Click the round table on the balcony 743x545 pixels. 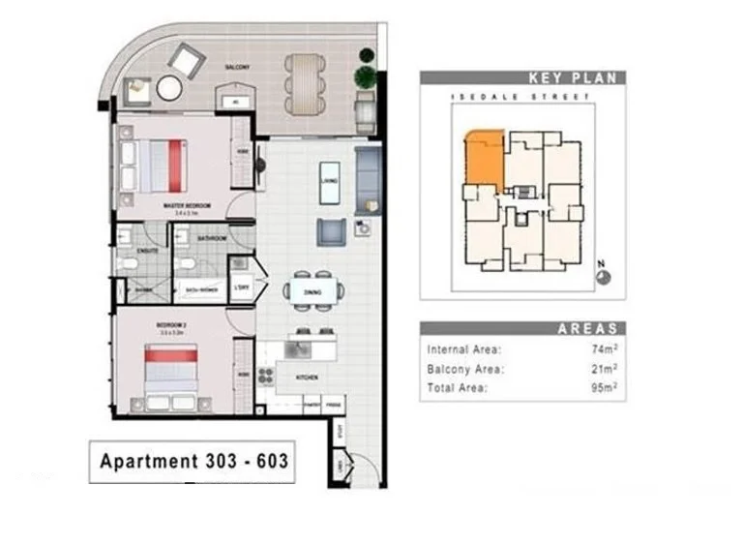168,88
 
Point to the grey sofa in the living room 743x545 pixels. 368,179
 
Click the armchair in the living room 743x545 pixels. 330,232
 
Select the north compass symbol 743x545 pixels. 604,275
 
